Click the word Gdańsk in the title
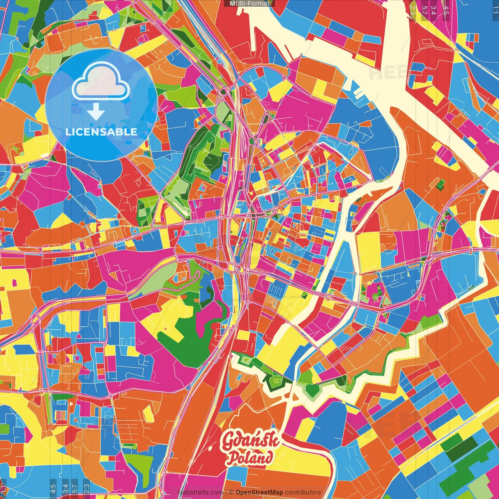250,441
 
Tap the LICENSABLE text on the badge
101,132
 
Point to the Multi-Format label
249,4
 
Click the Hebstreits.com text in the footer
200,492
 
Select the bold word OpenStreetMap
259,492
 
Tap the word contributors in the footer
303,492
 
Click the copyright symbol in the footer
231,492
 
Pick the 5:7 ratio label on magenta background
74,488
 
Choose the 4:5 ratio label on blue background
53,488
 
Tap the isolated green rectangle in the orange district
440,183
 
